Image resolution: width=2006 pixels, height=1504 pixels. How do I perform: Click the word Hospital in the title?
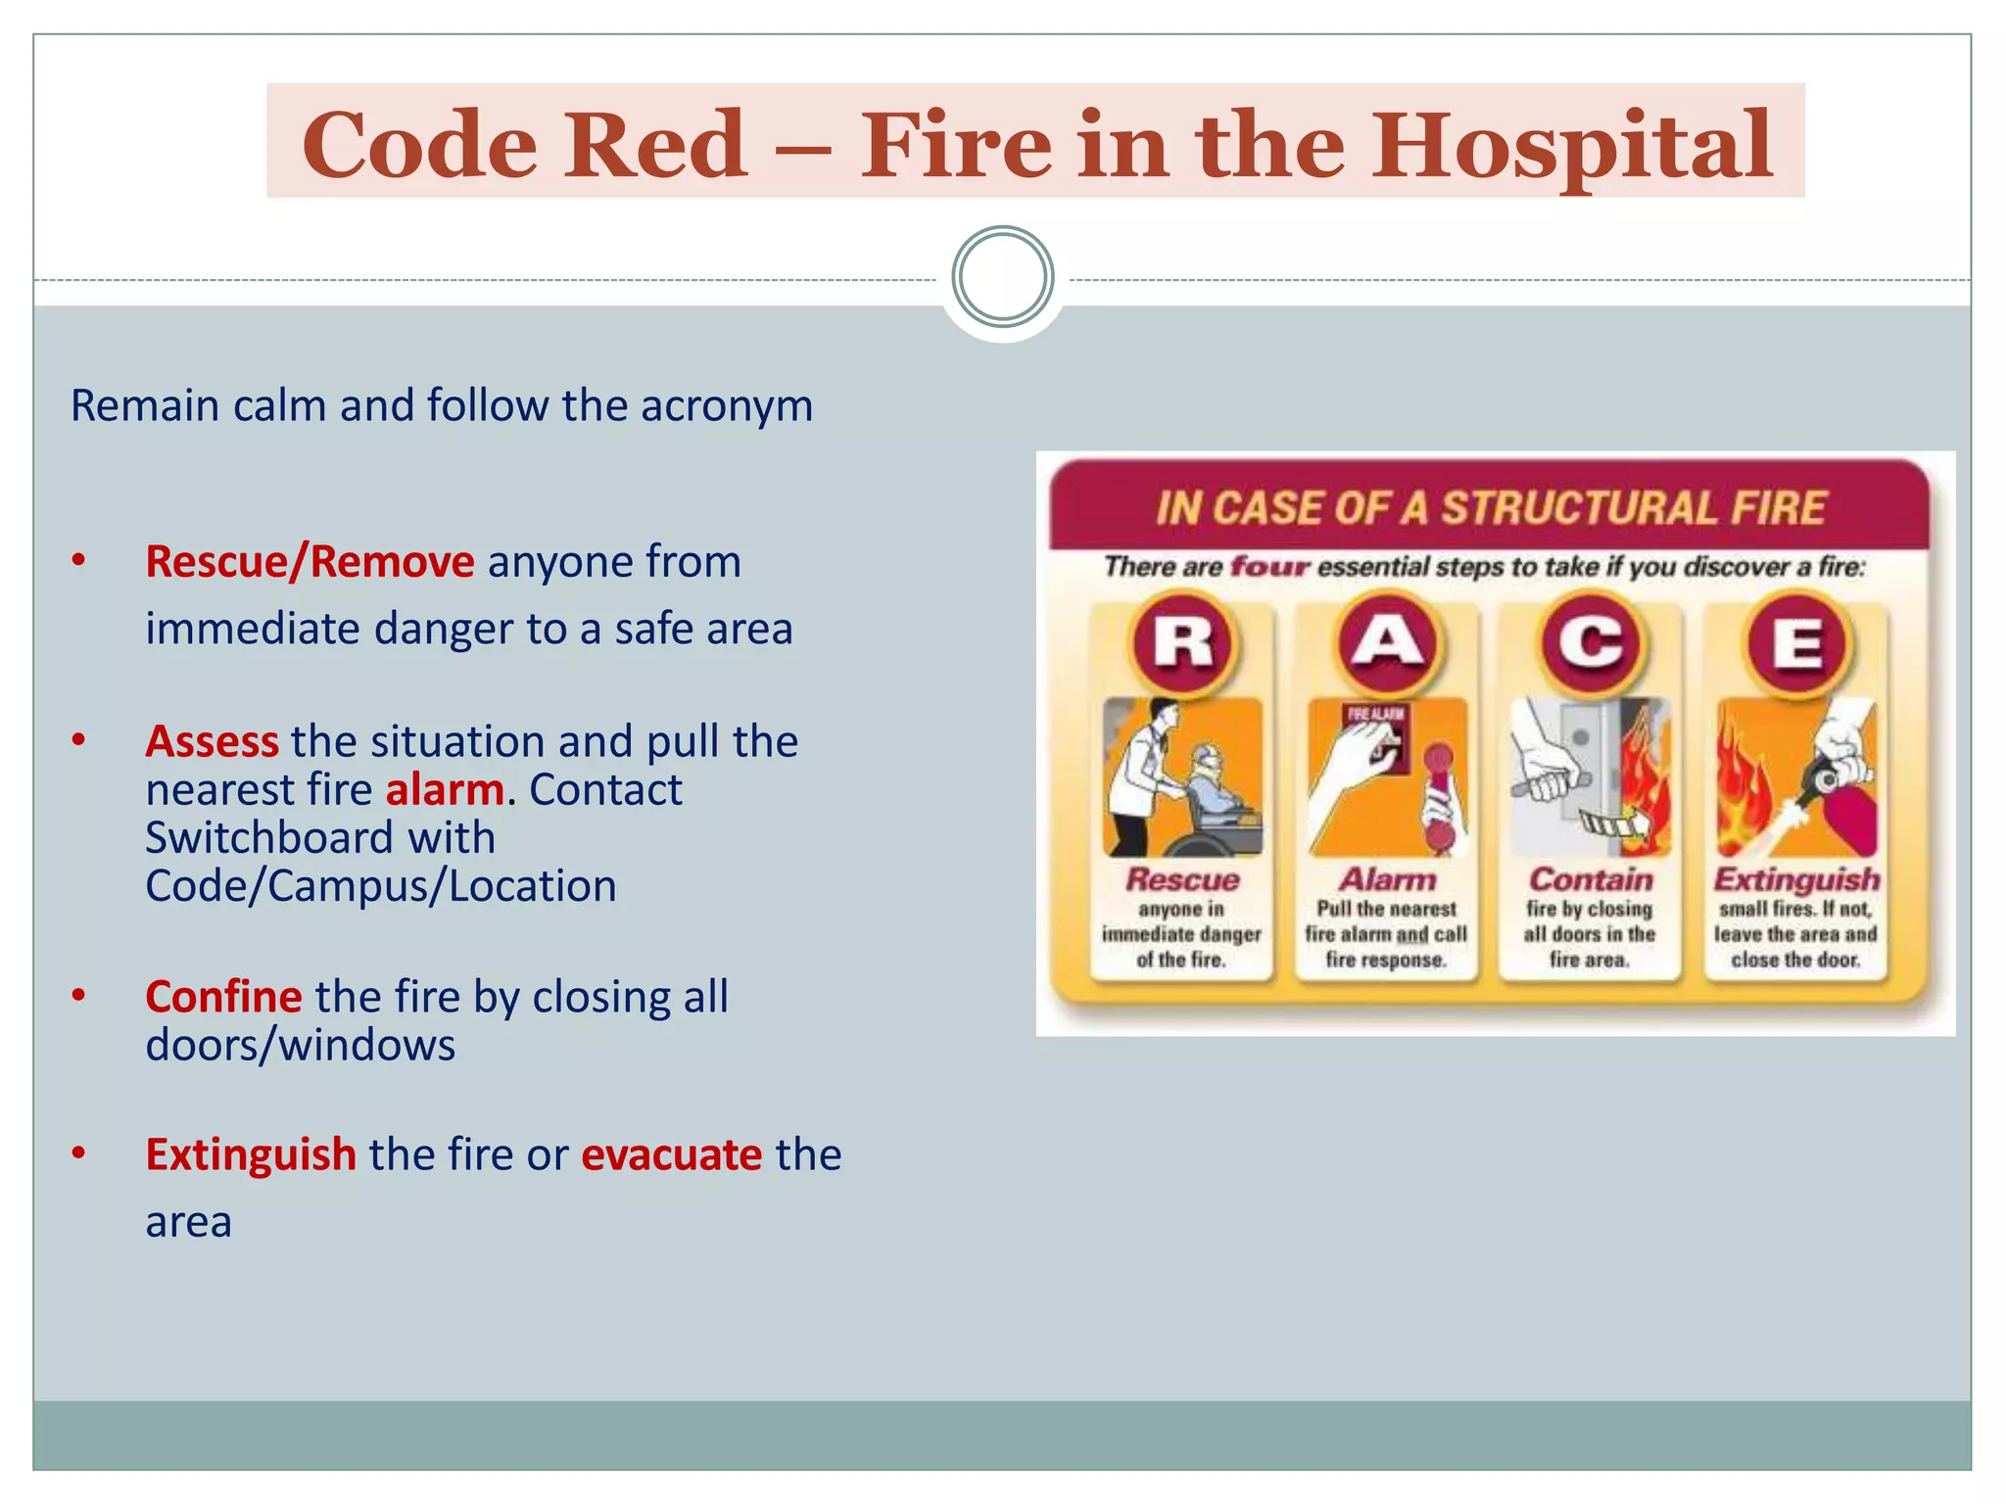point(1571,147)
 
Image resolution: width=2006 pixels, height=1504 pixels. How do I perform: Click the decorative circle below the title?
point(1002,277)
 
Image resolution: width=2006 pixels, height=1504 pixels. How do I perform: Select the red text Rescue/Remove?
point(310,562)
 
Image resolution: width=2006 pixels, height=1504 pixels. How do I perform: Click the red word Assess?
point(212,741)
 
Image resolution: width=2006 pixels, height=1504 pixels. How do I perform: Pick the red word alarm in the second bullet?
point(445,789)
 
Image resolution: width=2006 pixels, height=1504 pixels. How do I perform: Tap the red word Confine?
point(223,997)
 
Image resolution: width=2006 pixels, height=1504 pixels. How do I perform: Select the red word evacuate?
point(671,1154)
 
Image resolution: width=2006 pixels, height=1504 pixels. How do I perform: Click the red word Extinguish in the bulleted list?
point(251,1154)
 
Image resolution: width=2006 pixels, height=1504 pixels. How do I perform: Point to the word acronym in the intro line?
point(726,405)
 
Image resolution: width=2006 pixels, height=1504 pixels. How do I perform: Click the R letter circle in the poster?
point(1183,643)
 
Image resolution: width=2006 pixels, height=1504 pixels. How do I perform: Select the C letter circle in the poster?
point(1591,643)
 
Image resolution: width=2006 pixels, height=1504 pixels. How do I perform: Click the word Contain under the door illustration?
point(1591,879)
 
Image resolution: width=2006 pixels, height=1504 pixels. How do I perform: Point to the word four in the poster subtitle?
point(1269,567)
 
